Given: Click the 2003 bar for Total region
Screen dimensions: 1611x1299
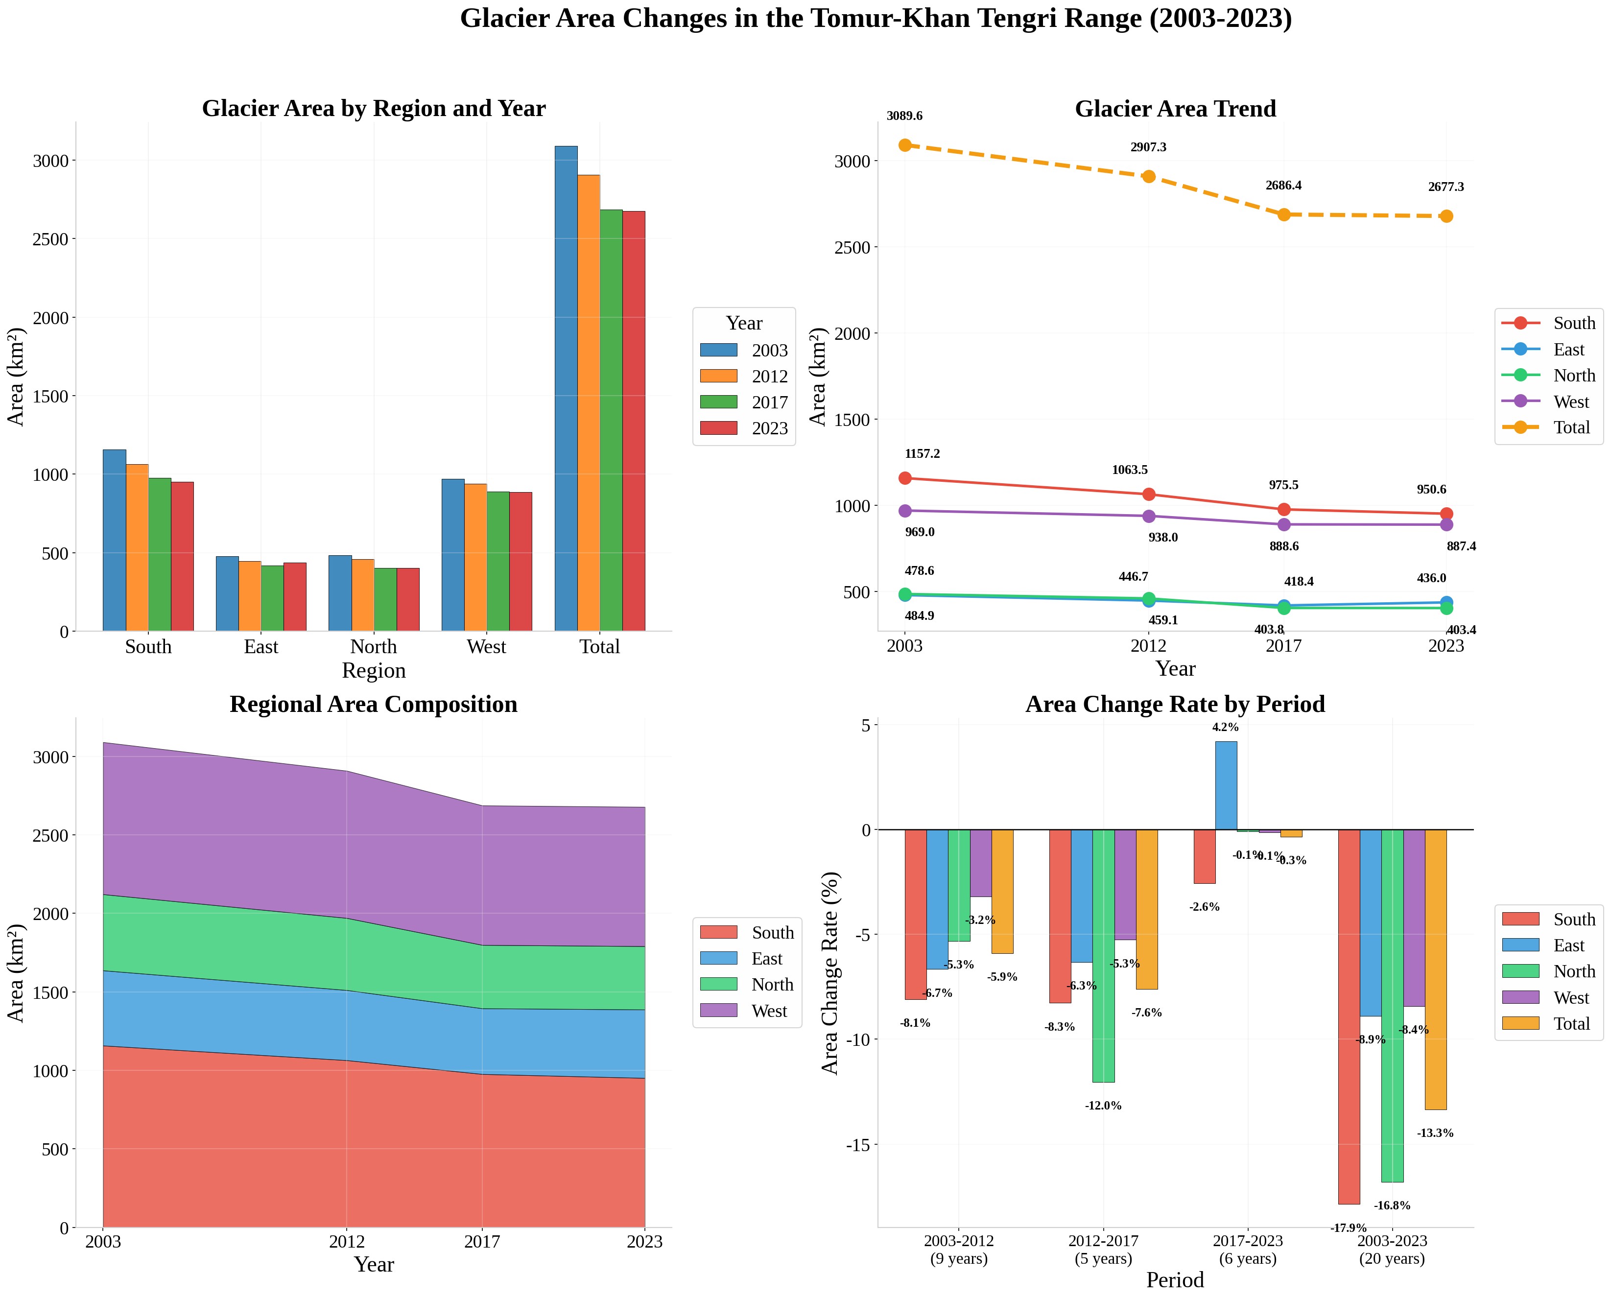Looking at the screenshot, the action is pos(566,388).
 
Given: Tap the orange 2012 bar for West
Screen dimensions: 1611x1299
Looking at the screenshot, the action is pos(475,558).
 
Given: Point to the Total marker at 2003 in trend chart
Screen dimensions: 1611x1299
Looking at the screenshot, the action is pos(904,145).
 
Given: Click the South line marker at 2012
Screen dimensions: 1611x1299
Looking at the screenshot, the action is pos(1149,495).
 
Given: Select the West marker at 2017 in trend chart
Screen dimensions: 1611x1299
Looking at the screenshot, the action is pos(1284,524).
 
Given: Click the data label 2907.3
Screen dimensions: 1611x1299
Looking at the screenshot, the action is pos(1149,147).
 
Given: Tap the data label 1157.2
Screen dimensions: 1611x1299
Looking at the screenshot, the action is pos(923,454).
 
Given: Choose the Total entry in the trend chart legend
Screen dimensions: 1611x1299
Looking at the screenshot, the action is pos(1548,427).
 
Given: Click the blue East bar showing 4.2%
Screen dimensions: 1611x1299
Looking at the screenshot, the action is pos(1226,786).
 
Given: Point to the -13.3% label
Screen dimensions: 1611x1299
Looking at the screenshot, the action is pos(1435,1134).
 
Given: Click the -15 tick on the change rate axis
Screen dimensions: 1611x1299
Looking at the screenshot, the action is pos(857,1145).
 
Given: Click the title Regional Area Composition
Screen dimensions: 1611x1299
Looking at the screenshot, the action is pos(374,704).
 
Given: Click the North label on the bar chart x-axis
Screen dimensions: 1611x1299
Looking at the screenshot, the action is pos(374,646).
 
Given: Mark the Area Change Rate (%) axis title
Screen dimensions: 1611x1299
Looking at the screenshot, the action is pos(830,973).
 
